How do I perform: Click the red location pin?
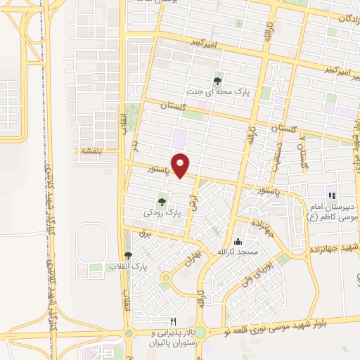click(181, 166)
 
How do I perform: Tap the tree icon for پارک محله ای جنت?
click(217, 81)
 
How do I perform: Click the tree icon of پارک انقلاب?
click(128, 256)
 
